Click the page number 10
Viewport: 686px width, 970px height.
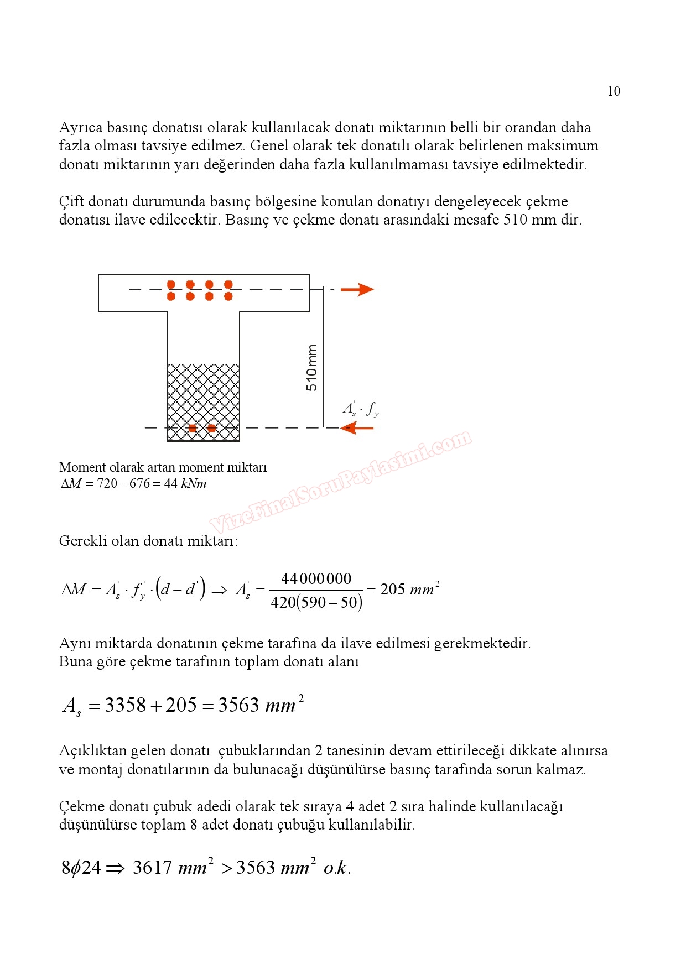coord(614,92)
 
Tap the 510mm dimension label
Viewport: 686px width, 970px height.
coord(312,368)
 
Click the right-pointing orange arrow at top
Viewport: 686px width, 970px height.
coord(357,289)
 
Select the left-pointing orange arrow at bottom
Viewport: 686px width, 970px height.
coord(357,427)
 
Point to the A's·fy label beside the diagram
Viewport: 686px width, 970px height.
coord(361,409)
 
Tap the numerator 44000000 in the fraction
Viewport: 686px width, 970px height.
coord(316,579)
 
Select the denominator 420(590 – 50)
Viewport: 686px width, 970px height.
coord(316,602)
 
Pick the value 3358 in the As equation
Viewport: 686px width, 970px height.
coord(126,705)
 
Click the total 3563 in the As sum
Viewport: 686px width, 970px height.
coord(238,705)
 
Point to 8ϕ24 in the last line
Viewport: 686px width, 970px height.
coord(81,867)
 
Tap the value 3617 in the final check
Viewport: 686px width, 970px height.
coord(152,867)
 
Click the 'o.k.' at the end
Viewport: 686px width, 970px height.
coord(337,868)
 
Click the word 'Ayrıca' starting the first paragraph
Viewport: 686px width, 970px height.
coord(81,128)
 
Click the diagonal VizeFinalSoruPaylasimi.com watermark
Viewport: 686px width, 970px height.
coord(340,481)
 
